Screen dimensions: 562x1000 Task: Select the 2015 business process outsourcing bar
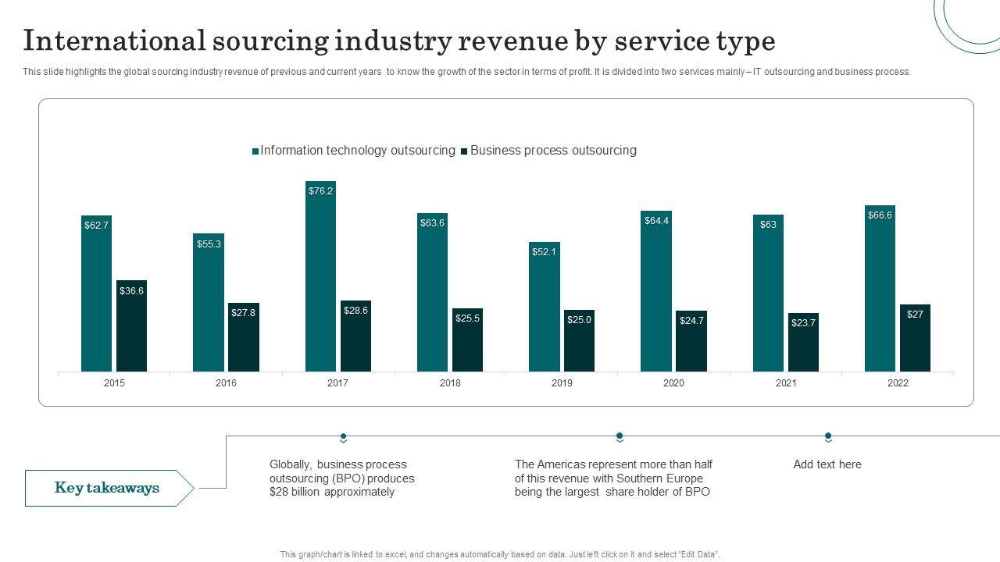pos(131,328)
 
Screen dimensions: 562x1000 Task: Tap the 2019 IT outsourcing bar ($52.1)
pos(544,308)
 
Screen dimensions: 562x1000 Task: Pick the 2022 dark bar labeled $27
pos(915,340)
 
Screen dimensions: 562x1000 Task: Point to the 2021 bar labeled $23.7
pos(803,343)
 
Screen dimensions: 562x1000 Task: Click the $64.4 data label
pos(656,221)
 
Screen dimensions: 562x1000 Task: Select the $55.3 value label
pos(209,244)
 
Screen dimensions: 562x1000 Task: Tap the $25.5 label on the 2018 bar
pos(467,318)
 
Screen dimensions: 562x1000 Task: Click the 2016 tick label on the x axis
pos(226,383)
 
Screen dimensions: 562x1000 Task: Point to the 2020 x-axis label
pos(673,383)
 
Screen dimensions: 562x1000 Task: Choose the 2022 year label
pos(898,383)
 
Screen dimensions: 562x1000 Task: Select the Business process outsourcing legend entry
pos(552,151)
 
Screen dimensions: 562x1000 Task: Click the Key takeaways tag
pos(107,488)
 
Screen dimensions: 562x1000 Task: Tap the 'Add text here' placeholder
pos(827,464)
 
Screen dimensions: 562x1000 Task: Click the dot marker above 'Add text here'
pos(828,436)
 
